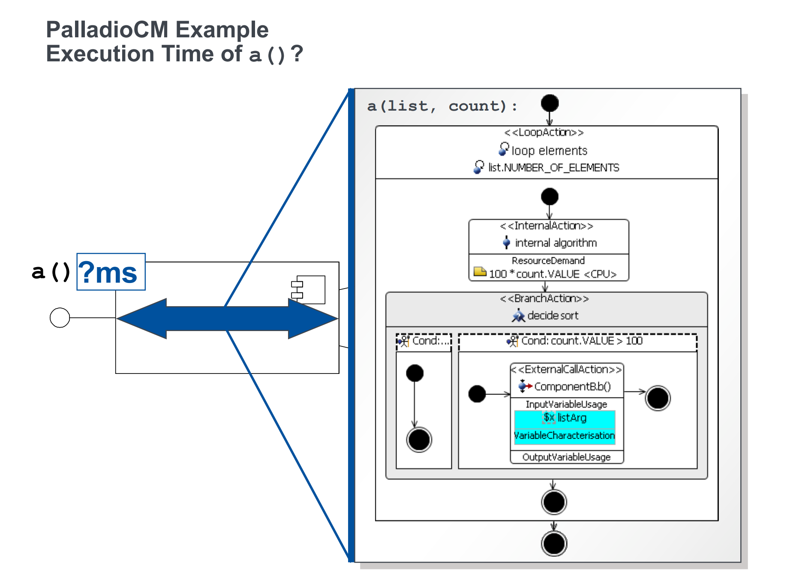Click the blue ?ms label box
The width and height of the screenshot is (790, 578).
coord(111,272)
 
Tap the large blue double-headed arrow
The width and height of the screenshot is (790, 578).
coord(227,319)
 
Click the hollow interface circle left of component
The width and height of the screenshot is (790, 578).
coord(60,318)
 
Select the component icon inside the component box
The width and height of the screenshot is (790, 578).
coord(309,289)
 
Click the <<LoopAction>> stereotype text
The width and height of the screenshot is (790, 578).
coord(544,132)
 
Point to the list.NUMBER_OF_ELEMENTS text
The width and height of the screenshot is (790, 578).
coord(553,168)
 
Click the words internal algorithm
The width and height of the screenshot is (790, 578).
coord(556,243)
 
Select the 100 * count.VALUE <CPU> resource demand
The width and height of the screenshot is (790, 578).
coord(553,274)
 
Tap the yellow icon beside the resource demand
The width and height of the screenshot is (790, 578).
coord(480,271)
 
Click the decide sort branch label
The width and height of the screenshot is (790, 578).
coord(553,316)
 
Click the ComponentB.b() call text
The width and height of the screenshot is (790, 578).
coord(572,387)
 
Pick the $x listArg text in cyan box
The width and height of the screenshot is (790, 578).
coord(565,418)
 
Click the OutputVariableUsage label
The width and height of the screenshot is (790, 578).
coord(566,457)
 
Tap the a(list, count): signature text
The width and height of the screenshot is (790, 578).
coord(442,106)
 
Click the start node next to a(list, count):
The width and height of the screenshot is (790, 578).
coord(550,103)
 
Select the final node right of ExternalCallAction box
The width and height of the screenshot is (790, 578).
coord(658,398)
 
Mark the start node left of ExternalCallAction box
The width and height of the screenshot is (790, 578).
coord(477,394)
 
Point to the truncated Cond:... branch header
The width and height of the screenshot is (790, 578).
coord(430,341)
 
